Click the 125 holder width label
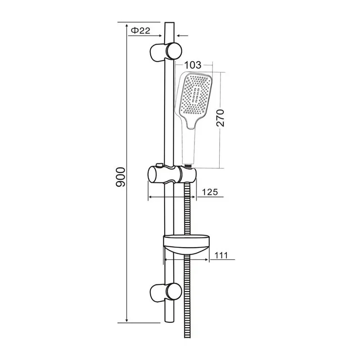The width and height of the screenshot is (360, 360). pyautogui.click(x=209, y=192)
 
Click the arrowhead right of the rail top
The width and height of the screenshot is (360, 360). pyautogui.click(x=178, y=34)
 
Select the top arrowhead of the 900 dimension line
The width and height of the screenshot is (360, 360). pyautogui.click(x=126, y=25)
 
